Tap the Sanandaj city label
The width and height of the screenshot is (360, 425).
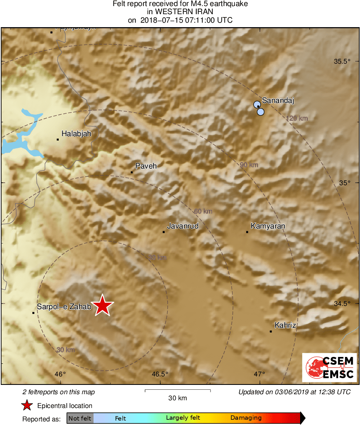tap(277, 100)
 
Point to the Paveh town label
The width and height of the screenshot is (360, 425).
tap(146, 166)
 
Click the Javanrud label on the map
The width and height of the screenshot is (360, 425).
tap(183, 226)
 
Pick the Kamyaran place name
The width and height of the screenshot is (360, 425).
tap(268, 226)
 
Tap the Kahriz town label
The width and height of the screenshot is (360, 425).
tap(285, 325)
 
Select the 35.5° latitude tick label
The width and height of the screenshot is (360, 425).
tap(342, 62)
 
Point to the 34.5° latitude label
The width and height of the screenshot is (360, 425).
tap(342, 303)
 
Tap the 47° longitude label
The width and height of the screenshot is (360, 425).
tap(260, 374)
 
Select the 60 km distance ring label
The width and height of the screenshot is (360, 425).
tap(203, 211)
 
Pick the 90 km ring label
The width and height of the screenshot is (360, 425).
tap(249, 165)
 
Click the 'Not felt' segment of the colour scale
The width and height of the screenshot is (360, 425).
tap(80, 418)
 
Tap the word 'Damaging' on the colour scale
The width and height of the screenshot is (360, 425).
tap(246, 418)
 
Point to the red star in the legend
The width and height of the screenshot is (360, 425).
tap(27, 405)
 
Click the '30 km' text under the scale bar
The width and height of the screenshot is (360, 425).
tap(177, 398)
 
